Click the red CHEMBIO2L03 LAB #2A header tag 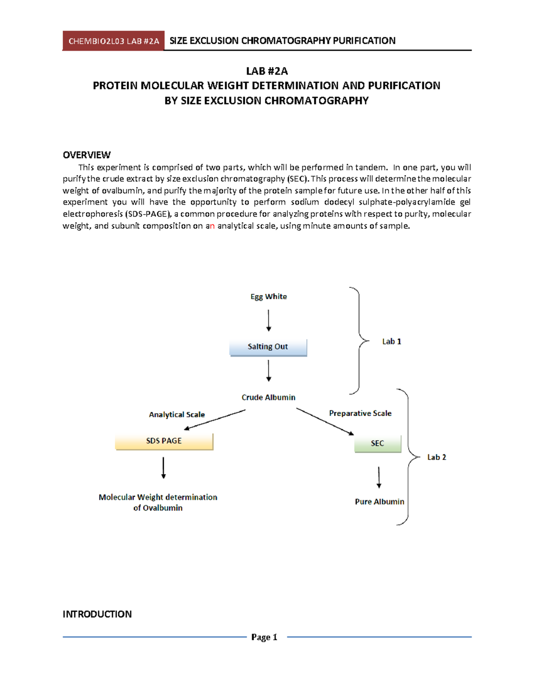[x=113, y=41]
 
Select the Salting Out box [x=268, y=347]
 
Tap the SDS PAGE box [x=164, y=441]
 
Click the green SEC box [x=377, y=443]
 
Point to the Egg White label [x=268, y=296]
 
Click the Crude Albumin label [x=268, y=397]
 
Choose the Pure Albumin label [x=380, y=501]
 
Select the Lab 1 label [x=392, y=341]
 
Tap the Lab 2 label [x=437, y=457]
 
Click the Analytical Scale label [x=177, y=414]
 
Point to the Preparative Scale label [x=360, y=413]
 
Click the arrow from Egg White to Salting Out [x=268, y=320]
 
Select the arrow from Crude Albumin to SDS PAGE [x=215, y=420]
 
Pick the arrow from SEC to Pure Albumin [x=379, y=477]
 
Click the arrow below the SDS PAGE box [x=163, y=468]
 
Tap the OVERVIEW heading [x=86, y=155]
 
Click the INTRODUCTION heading [x=97, y=614]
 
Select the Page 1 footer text [x=264, y=637]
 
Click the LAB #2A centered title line [x=267, y=71]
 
